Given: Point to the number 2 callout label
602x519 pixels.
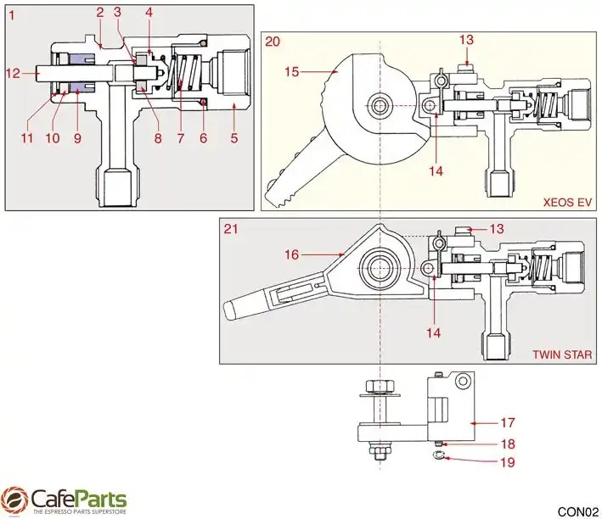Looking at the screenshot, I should [100, 13].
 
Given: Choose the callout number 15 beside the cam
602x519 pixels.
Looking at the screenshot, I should [291, 72].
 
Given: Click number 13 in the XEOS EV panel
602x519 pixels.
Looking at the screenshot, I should [467, 39].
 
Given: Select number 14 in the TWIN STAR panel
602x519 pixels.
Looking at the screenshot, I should [434, 333].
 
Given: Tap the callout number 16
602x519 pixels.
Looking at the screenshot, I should [292, 254].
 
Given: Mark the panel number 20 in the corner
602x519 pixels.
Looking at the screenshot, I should [273, 41].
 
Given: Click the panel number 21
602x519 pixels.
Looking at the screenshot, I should [230, 229].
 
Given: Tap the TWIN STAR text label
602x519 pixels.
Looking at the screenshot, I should [564, 354].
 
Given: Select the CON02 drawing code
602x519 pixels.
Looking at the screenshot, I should [577, 511].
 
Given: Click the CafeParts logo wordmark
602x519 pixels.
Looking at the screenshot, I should [78, 499].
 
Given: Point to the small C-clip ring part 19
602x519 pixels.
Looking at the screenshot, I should [439, 458].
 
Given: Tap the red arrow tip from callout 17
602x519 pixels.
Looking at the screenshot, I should [469, 421].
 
